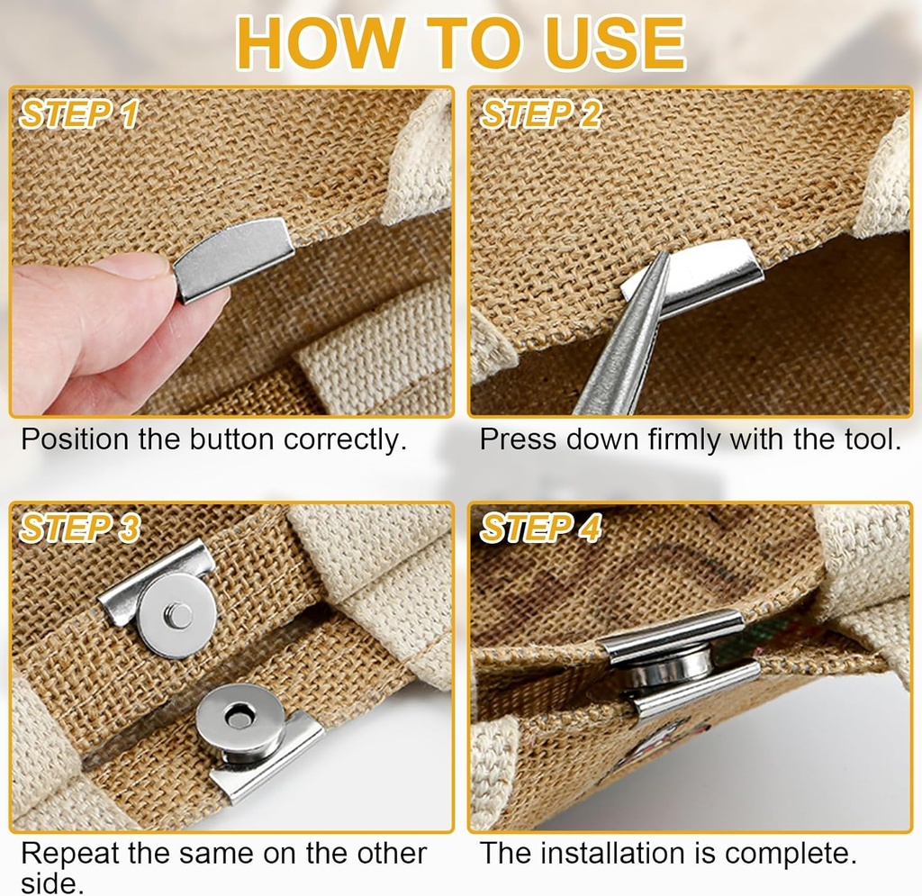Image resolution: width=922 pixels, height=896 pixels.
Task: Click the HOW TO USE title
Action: click(460, 41)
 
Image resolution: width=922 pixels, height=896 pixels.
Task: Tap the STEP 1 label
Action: click(80, 114)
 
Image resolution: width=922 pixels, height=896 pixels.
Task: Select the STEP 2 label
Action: click(540, 114)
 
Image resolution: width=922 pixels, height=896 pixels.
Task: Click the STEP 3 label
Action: click(80, 529)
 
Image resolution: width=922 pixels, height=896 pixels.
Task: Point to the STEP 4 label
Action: click(540, 529)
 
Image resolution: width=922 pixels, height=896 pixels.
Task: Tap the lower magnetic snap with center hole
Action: click(240, 720)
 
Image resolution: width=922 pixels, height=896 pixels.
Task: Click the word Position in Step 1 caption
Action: click(75, 440)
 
